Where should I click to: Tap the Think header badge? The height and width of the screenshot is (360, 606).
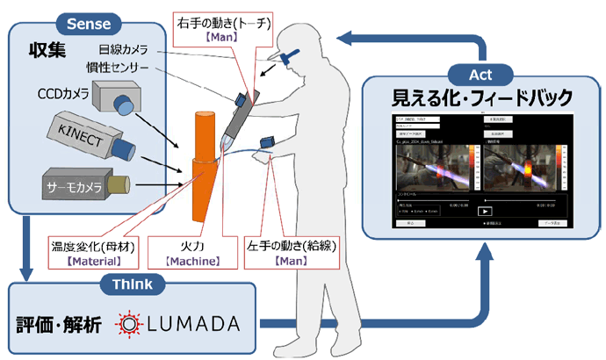coord(131,284)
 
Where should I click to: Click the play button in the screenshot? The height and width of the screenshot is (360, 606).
coord(483,210)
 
